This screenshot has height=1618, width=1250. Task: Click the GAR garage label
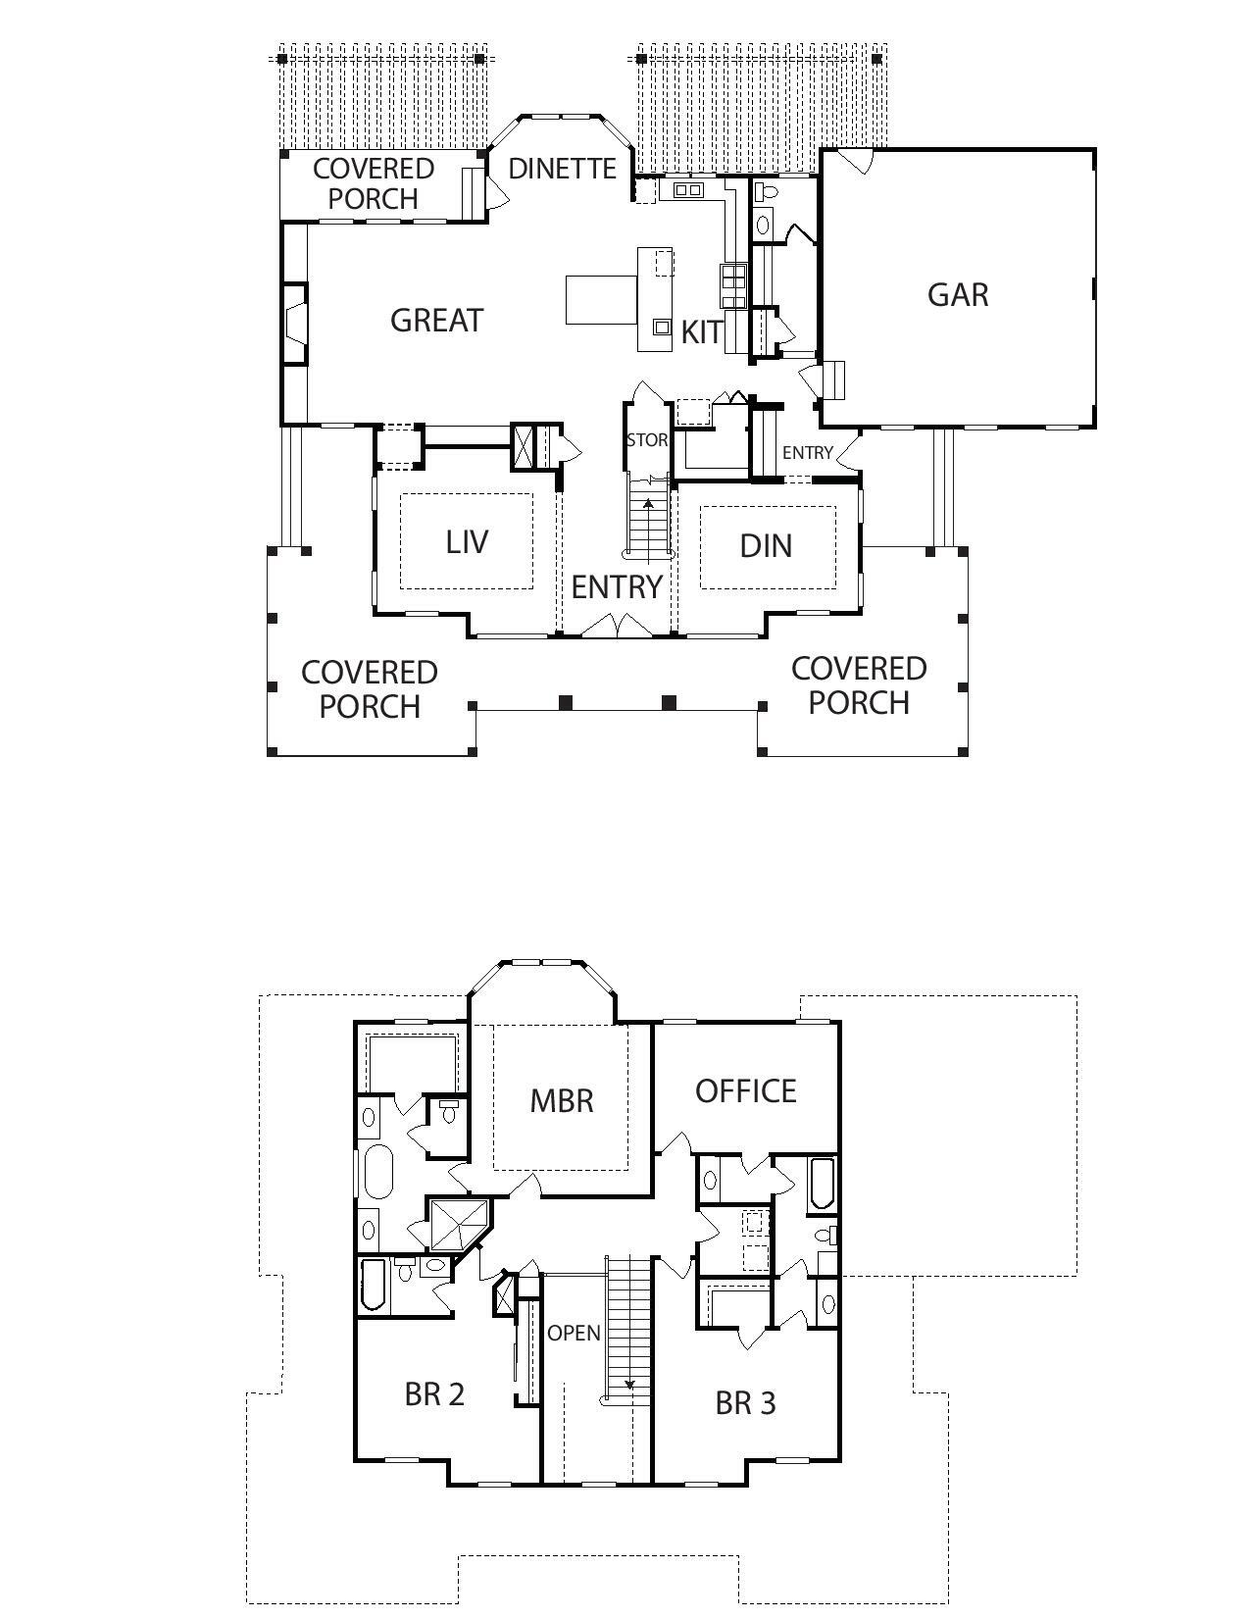tap(958, 294)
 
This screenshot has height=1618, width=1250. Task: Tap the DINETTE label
tap(562, 169)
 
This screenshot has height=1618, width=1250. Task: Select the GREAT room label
tap(436, 320)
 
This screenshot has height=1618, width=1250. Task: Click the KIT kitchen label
tap(702, 332)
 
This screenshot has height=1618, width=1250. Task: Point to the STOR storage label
tap(647, 440)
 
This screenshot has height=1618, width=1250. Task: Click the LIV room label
tap(467, 541)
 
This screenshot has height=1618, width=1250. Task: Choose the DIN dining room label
tap(766, 545)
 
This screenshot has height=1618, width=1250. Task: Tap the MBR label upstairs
tap(562, 1100)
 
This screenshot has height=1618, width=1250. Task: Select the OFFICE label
tap(745, 1090)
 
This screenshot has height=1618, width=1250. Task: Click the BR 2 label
tap(434, 1393)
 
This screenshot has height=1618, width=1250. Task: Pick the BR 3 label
tap(745, 1403)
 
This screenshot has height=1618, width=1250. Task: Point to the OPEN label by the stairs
tap(574, 1334)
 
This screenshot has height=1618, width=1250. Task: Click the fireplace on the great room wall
tap(295, 323)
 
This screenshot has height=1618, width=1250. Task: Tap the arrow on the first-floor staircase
tap(648, 505)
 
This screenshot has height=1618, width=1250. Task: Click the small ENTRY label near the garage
tap(807, 452)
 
